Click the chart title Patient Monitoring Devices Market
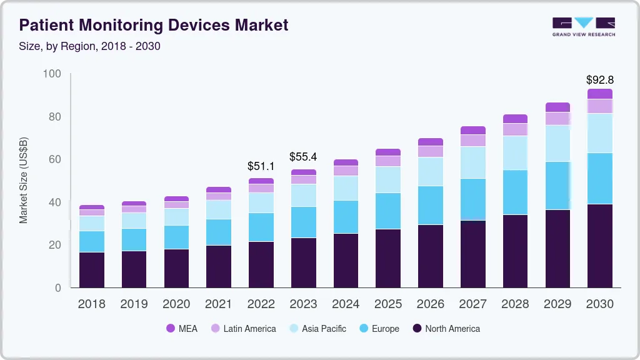154,25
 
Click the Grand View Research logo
583,26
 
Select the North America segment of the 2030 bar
600,246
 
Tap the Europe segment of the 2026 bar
431,205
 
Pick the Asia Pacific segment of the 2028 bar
516,152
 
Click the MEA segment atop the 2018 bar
92,207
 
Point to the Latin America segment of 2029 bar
557,118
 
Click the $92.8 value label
599,80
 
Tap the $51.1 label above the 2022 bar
261,166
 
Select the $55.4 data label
303,157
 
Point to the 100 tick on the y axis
52,74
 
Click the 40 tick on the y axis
55,202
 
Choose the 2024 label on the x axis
346,304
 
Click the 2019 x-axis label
134,304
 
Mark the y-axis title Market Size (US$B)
24,180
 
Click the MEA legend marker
170,328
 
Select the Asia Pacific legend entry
324,328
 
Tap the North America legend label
452,328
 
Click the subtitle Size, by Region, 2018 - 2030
89,46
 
